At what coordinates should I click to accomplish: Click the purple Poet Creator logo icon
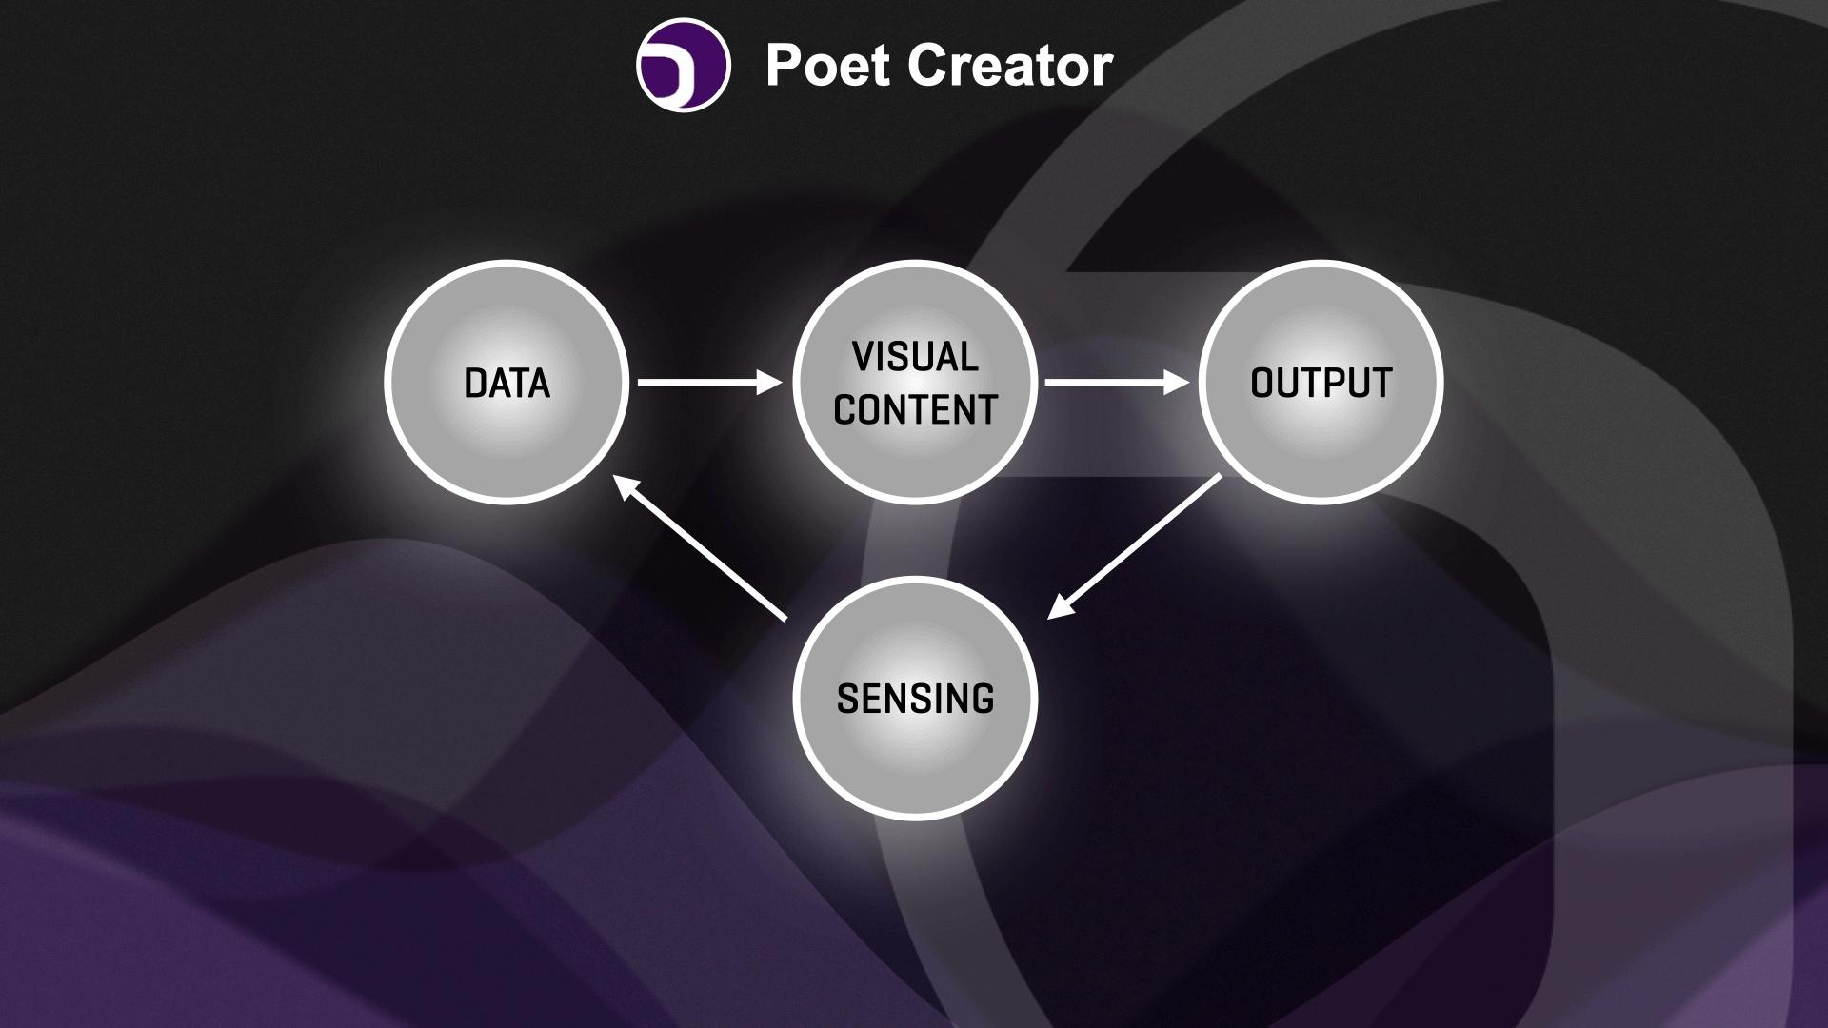click(x=683, y=66)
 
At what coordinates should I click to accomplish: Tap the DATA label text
click(x=507, y=383)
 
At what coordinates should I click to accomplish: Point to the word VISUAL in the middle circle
click(x=915, y=357)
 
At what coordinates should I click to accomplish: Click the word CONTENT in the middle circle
click(x=915, y=409)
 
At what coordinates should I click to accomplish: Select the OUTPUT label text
click(x=1321, y=383)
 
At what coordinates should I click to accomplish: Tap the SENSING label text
click(x=915, y=699)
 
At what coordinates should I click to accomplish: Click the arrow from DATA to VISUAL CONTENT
click(x=705, y=382)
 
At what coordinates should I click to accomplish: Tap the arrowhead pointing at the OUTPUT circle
click(x=1179, y=382)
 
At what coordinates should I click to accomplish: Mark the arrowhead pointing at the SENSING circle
click(x=1061, y=606)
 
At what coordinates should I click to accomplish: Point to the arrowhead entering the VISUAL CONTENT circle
click(x=770, y=382)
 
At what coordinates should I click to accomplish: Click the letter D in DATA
click(x=474, y=383)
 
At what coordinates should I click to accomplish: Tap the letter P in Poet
click(x=784, y=66)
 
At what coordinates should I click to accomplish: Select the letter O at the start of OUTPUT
click(x=1262, y=383)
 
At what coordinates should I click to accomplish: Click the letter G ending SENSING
click(x=983, y=699)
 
